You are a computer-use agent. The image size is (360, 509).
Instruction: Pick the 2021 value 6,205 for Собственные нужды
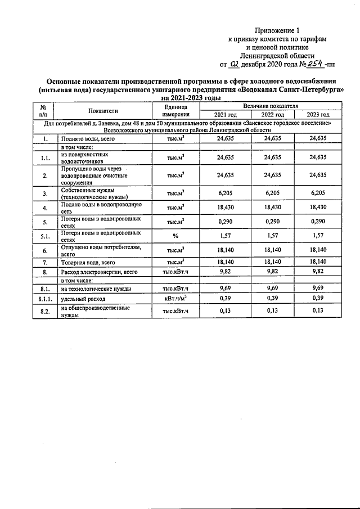(x=217, y=193)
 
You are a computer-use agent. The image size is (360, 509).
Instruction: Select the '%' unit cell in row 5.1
(x=175, y=236)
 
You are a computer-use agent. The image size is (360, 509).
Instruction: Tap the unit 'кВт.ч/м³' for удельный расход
(x=175, y=299)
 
